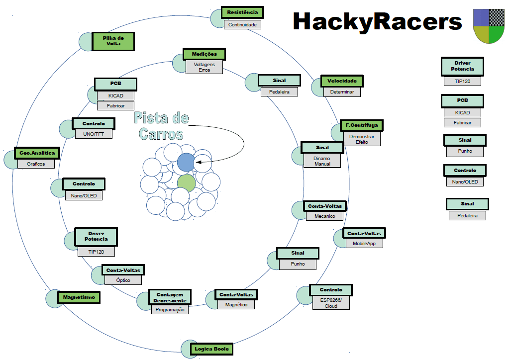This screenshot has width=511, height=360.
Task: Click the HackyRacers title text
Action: tap(377, 21)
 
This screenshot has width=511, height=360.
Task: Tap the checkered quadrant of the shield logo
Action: tap(497, 17)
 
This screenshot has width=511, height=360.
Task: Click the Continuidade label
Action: tap(242, 24)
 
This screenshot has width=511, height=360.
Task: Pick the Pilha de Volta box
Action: tap(113, 41)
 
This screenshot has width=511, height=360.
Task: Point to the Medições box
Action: tap(204, 54)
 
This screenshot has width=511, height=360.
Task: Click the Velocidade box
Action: tap(342, 81)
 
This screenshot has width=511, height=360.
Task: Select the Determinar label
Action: tap(342, 92)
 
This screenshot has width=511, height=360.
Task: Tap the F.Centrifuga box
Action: tap(362, 125)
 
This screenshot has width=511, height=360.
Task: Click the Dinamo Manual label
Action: tap(322, 161)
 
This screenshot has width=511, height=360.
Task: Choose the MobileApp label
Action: tap(364, 244)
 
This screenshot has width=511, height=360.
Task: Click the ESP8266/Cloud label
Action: tap(331, 303)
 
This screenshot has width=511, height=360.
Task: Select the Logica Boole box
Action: tap(212, 349)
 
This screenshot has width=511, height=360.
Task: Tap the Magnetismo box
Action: tap(79, 297)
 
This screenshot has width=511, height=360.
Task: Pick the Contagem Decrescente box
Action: tap(170, 297)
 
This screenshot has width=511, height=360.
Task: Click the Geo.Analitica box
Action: tap(37, 153)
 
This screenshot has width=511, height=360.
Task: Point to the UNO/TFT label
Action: tap(94, 134)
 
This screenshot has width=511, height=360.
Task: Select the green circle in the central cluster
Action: tap(187, 182)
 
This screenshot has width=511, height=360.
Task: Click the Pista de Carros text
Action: tap(161, 126)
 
